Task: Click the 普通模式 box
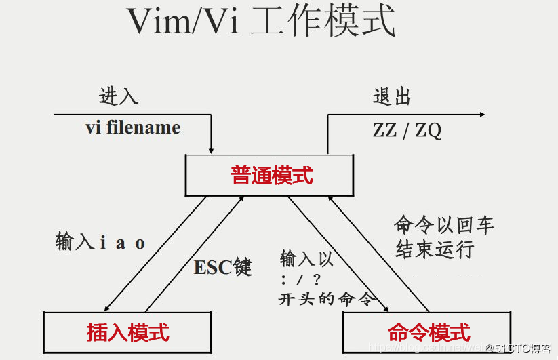(270, 175)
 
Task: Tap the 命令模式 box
(428, 333)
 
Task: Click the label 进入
(119, 96)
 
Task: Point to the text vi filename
(133, 127)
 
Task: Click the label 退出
(392, 96)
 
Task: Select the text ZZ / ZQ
(407, 130)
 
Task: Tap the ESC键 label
(223, 267)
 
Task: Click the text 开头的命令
(325, 299)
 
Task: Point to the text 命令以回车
(444, 225)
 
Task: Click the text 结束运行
(435, 249)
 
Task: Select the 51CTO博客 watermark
(523, 348)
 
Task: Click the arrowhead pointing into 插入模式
(107, 308)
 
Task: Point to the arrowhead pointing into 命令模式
(386, 309)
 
